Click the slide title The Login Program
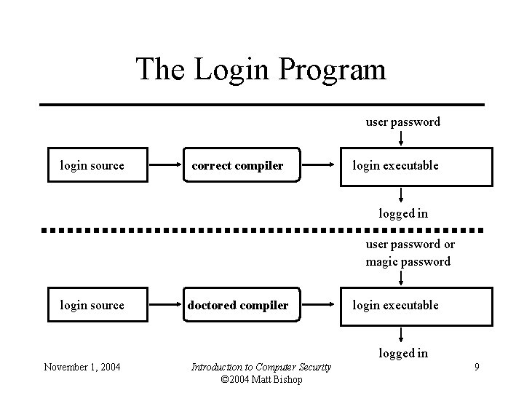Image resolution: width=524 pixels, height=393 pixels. click(261, 69)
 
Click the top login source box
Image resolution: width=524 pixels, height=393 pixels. click(92, 166)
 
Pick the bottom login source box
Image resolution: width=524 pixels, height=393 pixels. click(92, 305)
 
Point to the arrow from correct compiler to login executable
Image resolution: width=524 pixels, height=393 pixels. click(319, 165)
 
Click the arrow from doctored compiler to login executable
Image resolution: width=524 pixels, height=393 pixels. click(319, 305)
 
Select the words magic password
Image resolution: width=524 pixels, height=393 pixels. click(408, 261)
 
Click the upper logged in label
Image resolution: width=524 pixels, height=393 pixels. click(402, 213)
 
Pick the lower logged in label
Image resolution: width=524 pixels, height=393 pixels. click(402, 353)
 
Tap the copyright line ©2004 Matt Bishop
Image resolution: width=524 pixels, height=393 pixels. click(261, 378)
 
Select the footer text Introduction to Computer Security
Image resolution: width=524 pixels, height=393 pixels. click(261, 367)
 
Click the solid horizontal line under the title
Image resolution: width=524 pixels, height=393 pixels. click(262, 105)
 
